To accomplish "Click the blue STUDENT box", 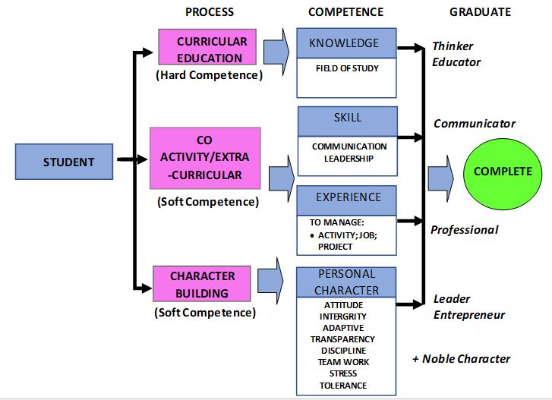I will tap(68, 162).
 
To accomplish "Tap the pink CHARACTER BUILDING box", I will tap(202, 284).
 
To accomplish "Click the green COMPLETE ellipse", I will tap(503, 172).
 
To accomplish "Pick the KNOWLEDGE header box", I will tap(346, 43).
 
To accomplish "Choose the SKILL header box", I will tap(347, 119).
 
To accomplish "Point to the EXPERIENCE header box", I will tap(347, 198).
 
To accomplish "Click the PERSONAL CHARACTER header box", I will tap(347, 281).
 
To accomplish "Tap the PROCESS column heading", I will tap(209, 12).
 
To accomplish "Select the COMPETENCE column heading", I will tap(345, 12).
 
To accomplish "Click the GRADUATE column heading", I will tap(480, 12).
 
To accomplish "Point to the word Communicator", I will tap(475, 124).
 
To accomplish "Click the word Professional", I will tap(465, 230).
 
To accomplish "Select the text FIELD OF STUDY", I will tap(347, 69).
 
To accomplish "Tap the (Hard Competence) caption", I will tap(209, 76).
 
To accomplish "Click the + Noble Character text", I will tap(461, 359).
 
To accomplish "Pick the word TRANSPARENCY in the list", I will tap(342, 339).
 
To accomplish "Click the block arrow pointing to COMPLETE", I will tap(441, 178).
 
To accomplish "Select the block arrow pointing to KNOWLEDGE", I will tap(277, 47).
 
